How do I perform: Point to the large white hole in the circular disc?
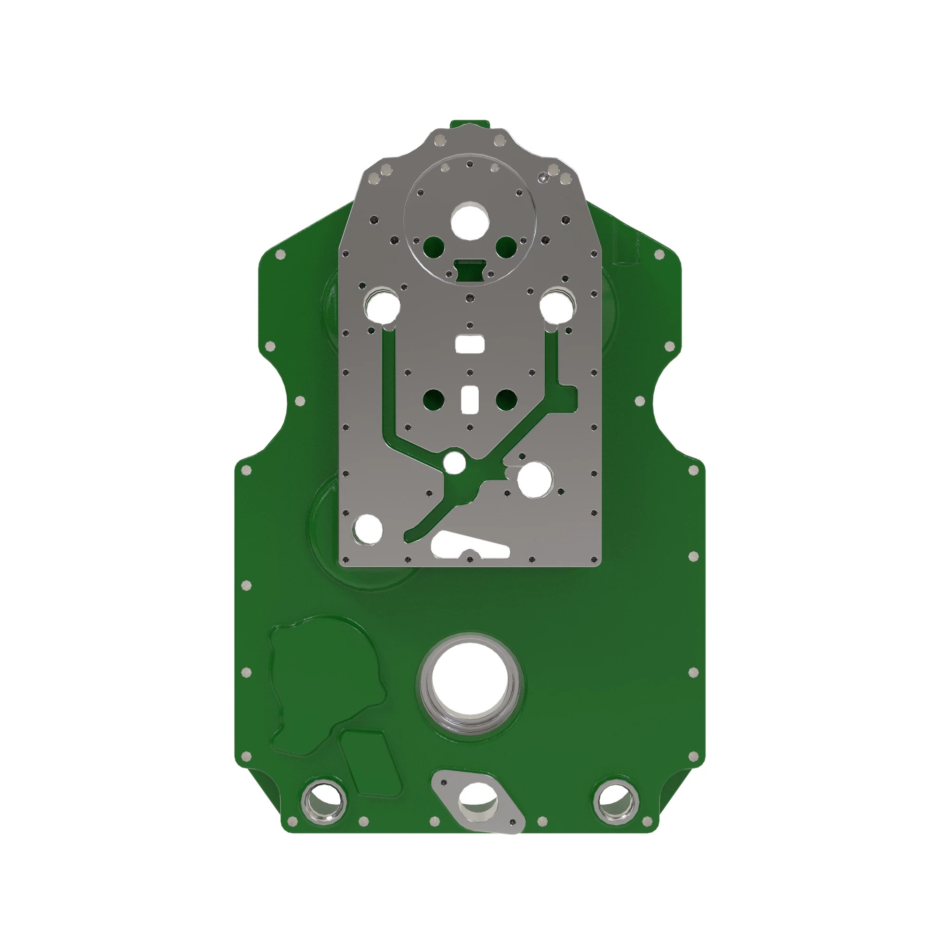point(470,221)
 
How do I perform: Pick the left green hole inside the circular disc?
point(433,247)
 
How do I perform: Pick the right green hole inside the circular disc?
point(506,247)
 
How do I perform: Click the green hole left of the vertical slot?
point(433,400)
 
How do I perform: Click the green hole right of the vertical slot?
point(506,400)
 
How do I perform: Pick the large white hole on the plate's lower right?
point(535,479)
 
